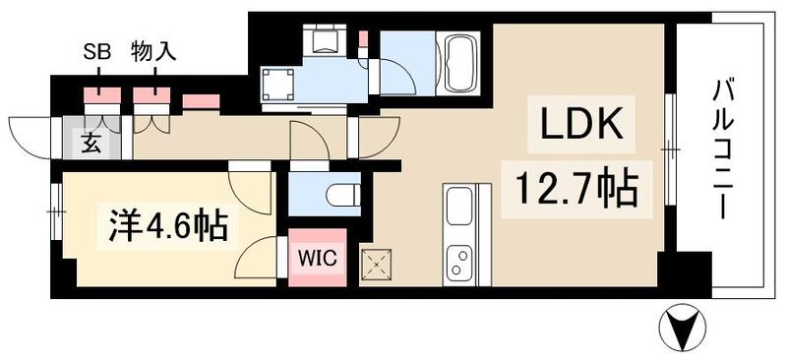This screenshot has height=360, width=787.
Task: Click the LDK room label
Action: click(x=579, y=126)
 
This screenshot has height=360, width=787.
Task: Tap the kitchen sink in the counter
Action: click(x=460, y=209)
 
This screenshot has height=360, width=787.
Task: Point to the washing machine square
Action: click(x=278, y=83)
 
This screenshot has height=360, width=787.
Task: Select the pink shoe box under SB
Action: click(x=101, y=97)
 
